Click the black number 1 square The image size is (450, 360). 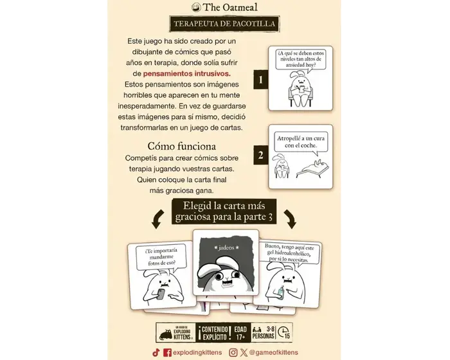260,80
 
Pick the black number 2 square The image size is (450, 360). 260,155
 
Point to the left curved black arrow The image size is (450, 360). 157,221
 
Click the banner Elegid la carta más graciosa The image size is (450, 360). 224,212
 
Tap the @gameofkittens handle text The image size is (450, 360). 273,352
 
